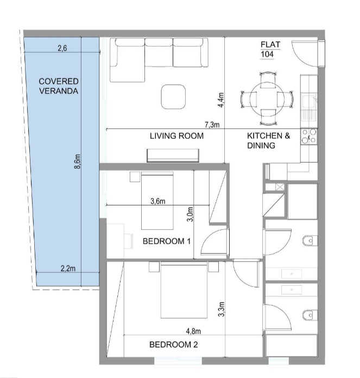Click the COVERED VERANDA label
coord(59,86)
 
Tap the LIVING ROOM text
coord(176,136)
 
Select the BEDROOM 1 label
coord(167,241)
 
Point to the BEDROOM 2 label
coord(174,344)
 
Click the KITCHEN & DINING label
coord(268,140)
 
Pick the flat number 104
coord(267,54)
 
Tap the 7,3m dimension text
coord(212,125)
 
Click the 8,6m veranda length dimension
coord(78,161)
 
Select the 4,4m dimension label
coord(221,100)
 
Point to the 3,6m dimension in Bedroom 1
coord(158,201)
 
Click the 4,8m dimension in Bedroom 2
coord(193,331)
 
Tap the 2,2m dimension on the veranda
coord(68,268)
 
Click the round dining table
coord(267,99)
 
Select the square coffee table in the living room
coord(173,97)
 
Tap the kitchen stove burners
coord(309,136)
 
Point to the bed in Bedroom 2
coord(184,291)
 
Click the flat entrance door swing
coord(305,54)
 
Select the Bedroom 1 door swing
coord(213,241)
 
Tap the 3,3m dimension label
coord(221,309)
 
